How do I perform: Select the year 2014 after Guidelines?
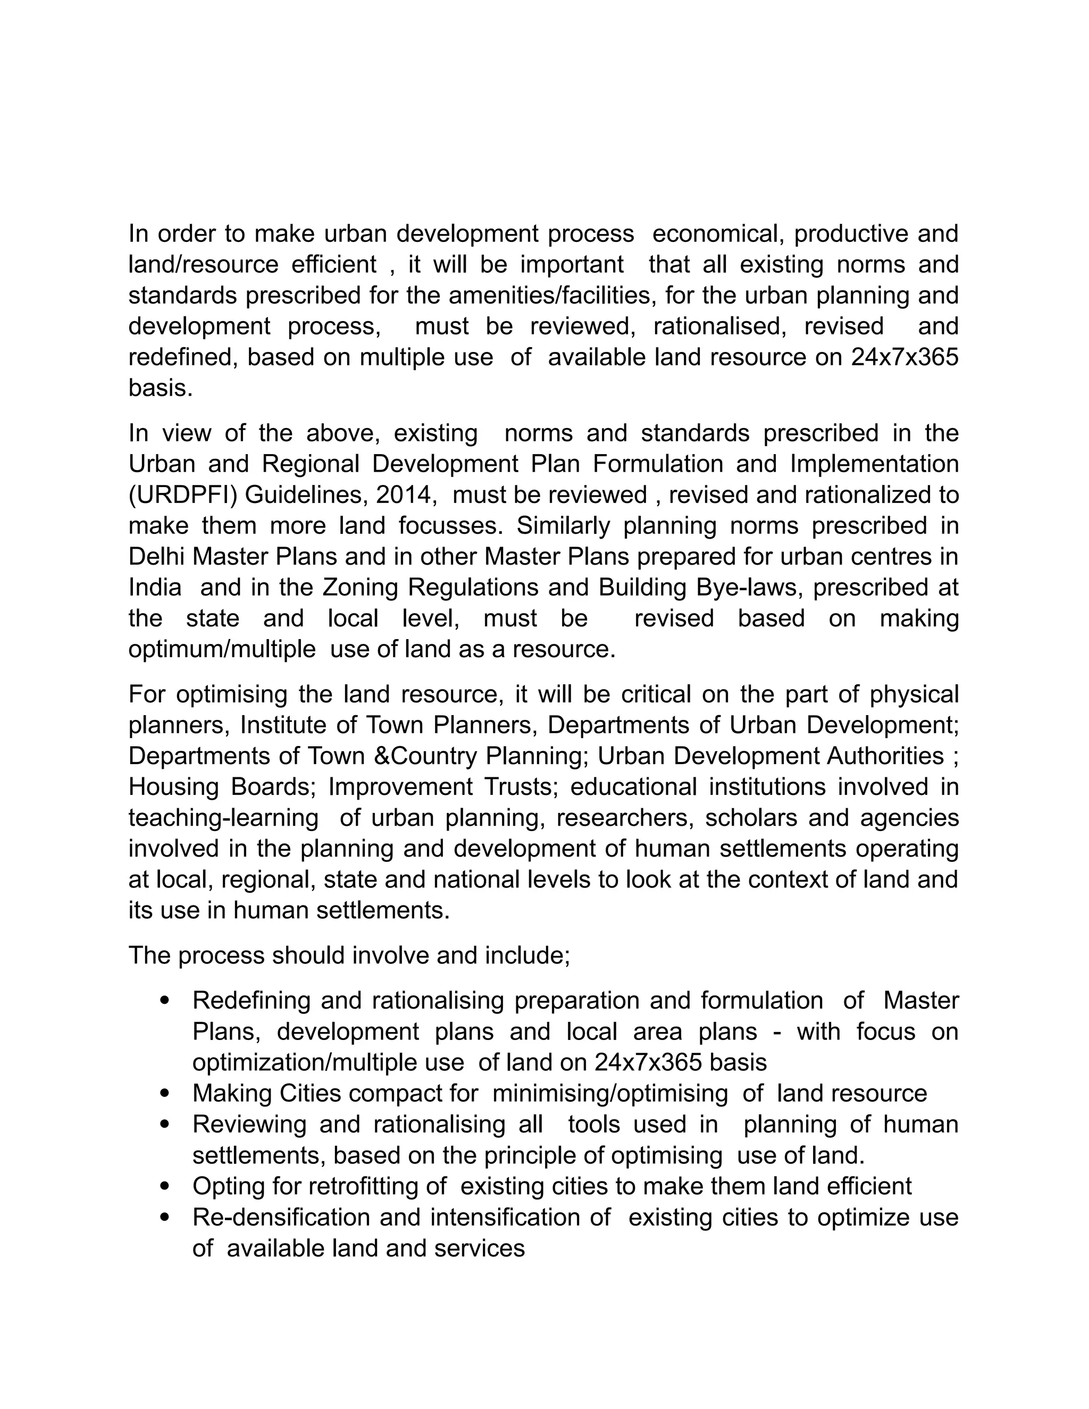(403, 495)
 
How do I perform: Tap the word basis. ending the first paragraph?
(161, 388)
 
